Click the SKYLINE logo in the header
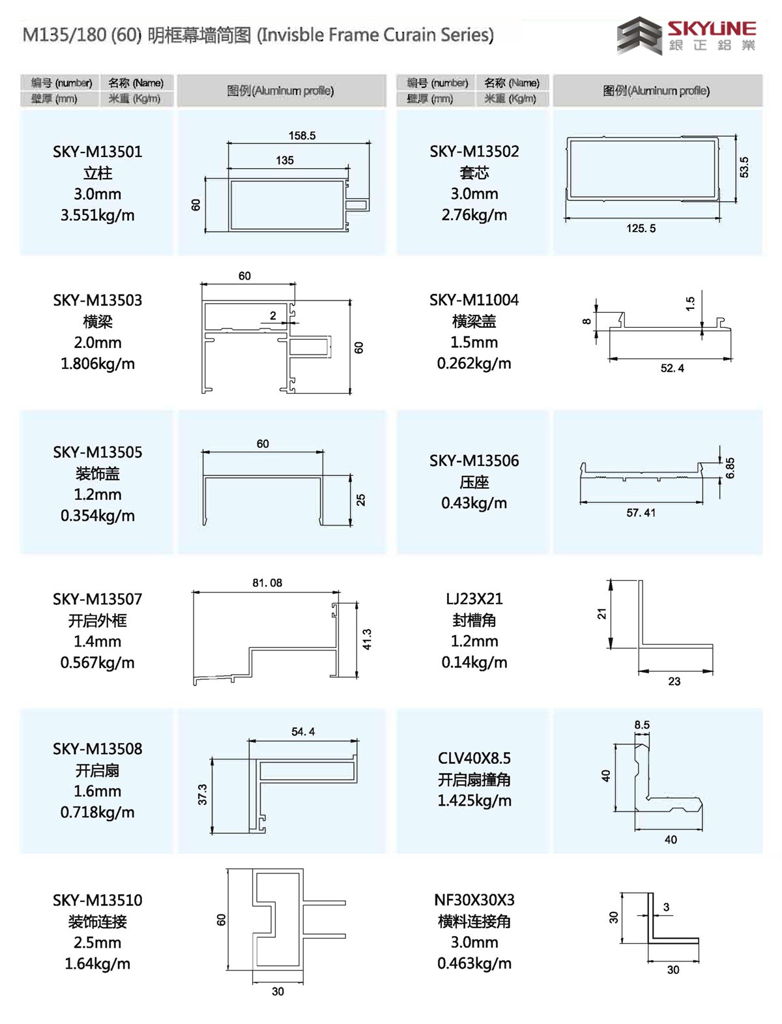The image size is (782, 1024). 686,35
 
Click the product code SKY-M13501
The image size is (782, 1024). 98,152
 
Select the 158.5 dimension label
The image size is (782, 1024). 302,136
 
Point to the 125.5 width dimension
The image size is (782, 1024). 641,228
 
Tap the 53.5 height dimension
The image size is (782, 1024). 744,167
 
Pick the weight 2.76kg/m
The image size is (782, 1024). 474,215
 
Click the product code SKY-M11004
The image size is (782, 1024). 474,300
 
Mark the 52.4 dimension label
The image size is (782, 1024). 672,368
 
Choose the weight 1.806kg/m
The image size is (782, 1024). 98,364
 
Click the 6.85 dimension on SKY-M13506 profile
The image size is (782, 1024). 730,468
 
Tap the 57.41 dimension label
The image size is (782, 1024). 641,513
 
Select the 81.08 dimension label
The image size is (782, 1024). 267,583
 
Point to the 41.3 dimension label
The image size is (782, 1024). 367,639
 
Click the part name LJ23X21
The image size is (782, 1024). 474,598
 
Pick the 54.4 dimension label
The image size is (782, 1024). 303,731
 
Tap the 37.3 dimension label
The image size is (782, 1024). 203,794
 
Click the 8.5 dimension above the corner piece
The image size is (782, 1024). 642,725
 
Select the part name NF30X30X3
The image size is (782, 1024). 474,900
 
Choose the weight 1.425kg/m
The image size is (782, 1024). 474,800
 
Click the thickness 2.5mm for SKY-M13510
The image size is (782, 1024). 98,943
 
